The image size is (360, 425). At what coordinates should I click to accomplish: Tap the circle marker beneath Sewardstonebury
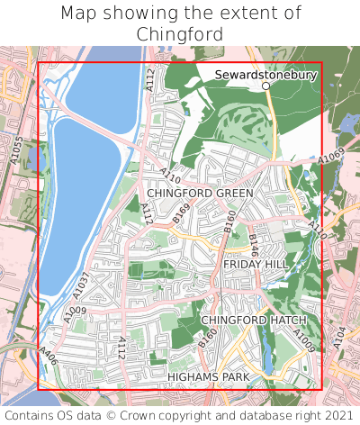265,87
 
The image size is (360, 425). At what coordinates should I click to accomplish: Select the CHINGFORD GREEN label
200,193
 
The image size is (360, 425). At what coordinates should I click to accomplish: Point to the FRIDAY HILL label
255,263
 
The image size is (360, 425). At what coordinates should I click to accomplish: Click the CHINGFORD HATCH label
253,320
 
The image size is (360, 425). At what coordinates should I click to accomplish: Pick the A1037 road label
82,285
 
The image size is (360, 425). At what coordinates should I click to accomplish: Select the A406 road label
49,357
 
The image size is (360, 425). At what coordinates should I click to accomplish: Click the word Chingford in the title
180,33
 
